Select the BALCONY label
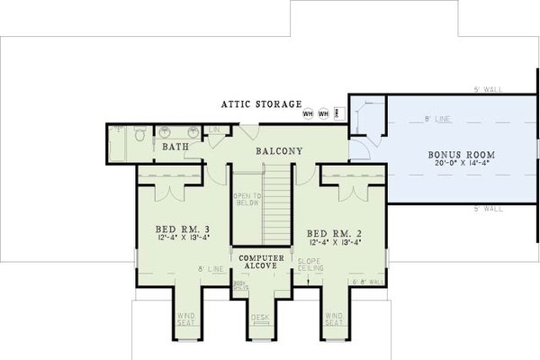tap(278, 151)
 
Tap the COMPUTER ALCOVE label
tap(261, 263)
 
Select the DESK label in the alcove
tap(261, 317)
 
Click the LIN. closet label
tap(214, 131)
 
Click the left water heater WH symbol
tap(308, 114)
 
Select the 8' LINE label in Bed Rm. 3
tap(211, 268)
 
